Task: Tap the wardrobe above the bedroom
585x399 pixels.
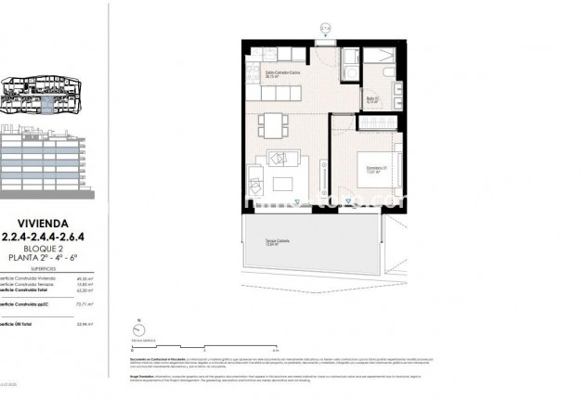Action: point(380,122)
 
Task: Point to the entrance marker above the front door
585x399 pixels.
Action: point(326,29)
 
